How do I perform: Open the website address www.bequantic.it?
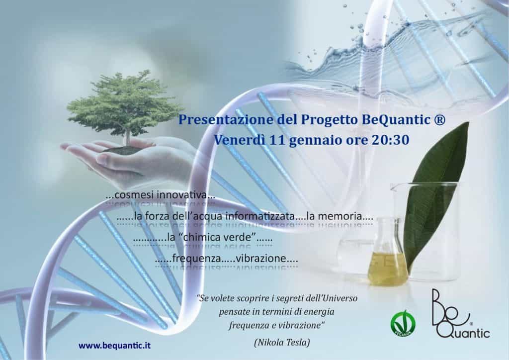pos(115,345)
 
